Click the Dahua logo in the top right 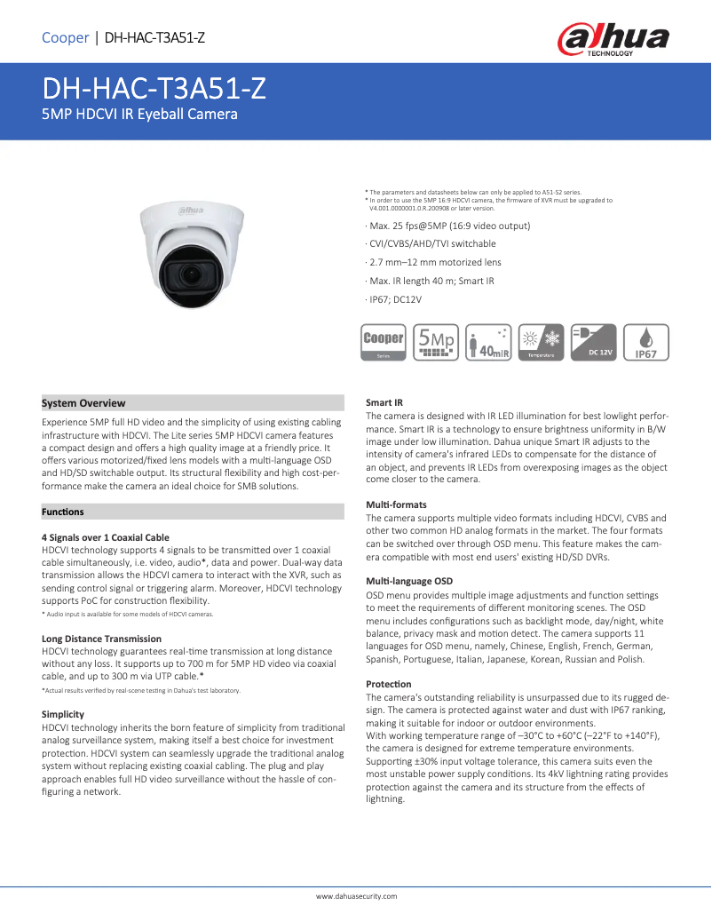[x=613, y=40]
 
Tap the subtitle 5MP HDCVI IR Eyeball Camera [x=140, y=115]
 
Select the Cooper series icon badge [x=384, y=343]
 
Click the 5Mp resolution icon [x=436, y=343]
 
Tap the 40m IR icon [x=489, y=343]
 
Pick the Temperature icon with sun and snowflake [x=541, y=343]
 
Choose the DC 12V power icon [x=593, y=343]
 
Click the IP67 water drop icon [x=645, y=343]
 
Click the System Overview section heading [x=84, y=403]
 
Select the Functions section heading [x=63, y=512]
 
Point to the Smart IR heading [x=384, y=403]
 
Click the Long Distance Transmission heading [x=102, y=639]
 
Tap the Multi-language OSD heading [x=409, y=581]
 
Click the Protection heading [x=389, y=684]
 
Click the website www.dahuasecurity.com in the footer [x=357, y=896]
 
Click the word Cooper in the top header [x=65, y=37]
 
